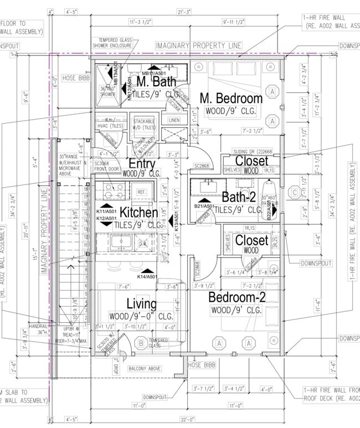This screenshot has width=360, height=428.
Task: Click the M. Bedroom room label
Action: tap(231, 98)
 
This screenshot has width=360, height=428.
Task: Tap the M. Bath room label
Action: tap(156, 81)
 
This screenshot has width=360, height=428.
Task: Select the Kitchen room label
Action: tap(139, 213)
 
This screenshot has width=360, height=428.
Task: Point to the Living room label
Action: tap(142, 304)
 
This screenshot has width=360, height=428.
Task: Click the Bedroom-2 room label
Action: tap(237, 297)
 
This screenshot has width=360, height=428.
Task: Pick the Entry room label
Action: tap(142, 164)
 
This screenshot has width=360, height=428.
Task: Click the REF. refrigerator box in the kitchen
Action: tap(141, 192)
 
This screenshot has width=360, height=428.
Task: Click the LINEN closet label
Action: tap(174, 120)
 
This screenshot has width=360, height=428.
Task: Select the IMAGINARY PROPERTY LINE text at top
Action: tap(206, 45)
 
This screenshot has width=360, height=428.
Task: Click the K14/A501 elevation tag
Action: tap(148, 276)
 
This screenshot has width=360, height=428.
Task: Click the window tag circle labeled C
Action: tap(296, 193)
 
